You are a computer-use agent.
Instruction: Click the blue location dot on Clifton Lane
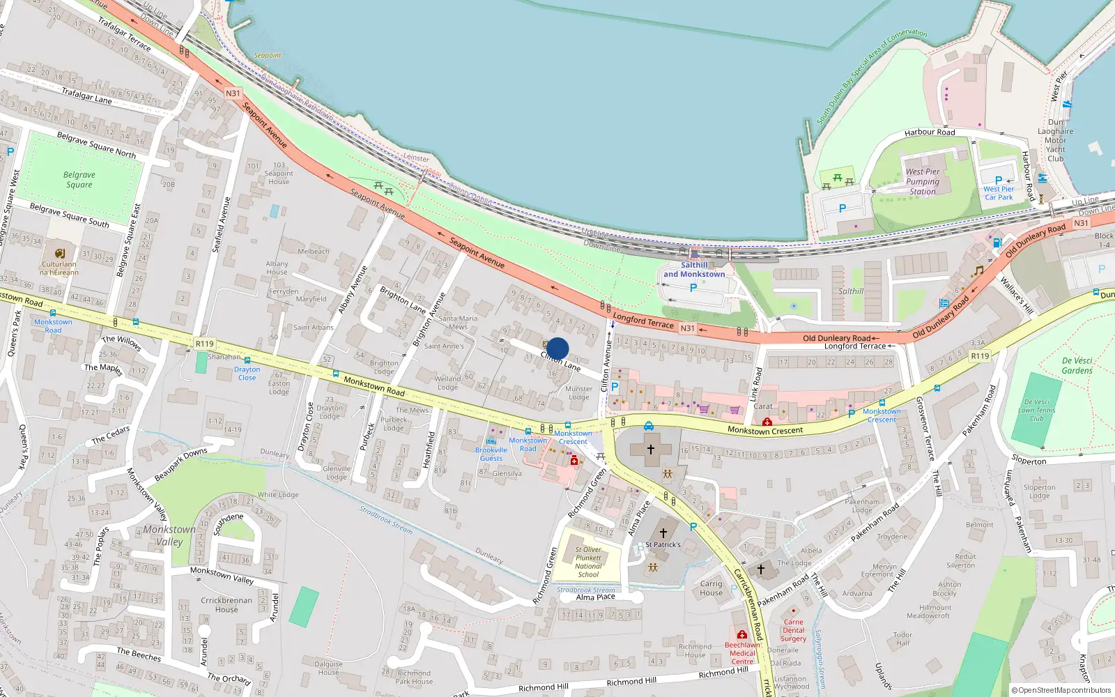(557, 348)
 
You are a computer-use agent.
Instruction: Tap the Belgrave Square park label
(79, 180)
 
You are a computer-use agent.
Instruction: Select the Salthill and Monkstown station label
(694, 270)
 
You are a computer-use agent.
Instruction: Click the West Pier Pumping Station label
(923, 181)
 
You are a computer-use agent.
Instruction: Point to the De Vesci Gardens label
(1077, 365)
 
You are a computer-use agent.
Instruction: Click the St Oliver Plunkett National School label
(588, 562)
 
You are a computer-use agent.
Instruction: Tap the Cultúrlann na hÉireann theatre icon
(60, 254)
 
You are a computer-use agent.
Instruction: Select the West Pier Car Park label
(999, 193)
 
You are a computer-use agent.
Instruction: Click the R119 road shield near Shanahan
(205, 344)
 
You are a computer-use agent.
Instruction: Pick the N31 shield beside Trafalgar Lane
(233, 93)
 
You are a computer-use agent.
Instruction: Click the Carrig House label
(711, 588)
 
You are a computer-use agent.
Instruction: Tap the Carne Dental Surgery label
(793, 630)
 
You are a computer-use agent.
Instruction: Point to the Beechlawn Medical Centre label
(742, 653)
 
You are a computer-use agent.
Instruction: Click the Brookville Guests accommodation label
(491, 454)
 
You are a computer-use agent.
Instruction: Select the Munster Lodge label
(578, 393)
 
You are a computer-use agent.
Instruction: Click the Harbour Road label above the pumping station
(930, 132)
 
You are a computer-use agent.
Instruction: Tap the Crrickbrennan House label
(226, 604)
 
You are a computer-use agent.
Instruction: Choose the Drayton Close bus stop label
(247, 374)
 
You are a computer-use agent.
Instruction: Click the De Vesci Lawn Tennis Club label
(1036, 411)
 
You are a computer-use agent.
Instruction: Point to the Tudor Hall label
(902, 638)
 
